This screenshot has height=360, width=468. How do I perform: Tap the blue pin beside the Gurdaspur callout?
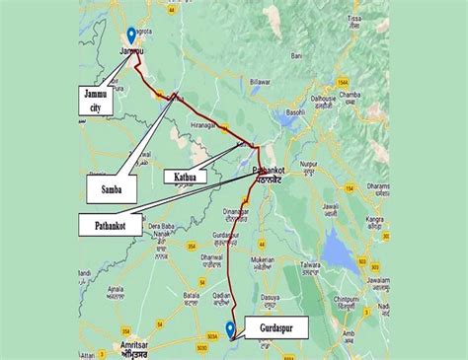point(230,329)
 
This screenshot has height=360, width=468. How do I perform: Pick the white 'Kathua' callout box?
point(186,177)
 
